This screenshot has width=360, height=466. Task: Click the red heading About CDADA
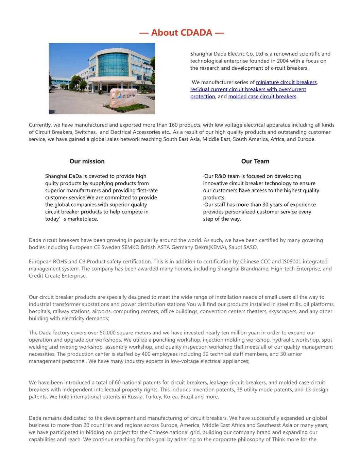coord(182,33)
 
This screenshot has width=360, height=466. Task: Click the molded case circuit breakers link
coord(262,97)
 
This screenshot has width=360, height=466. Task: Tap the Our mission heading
coord(87,161)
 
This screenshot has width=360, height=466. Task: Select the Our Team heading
coord(255,161)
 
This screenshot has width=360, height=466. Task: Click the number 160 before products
coord(173,125)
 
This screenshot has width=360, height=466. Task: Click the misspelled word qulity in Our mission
coord(53,184)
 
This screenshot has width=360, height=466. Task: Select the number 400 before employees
coord(147,354)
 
